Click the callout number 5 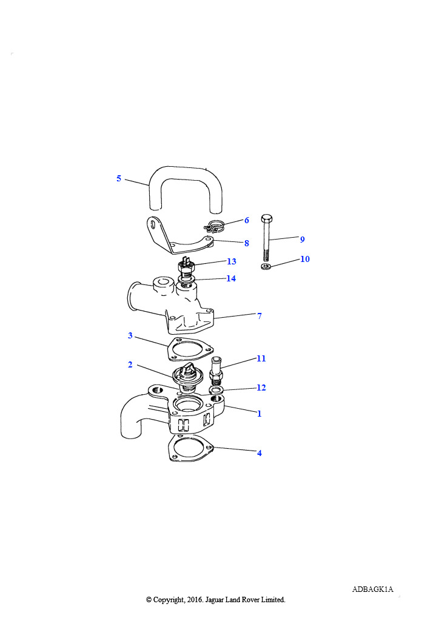(x=119, y=179)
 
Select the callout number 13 (x=232, y=261)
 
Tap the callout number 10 (x=305, y=259)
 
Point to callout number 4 (x=260, y=453)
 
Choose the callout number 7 (x=260, y=316)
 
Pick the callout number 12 (x=261, y=388)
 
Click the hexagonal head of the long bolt (x=267, y=218)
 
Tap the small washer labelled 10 (x=266, y=266)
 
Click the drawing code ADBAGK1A (x=372, y=589)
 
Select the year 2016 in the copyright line (x=195, y=600)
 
